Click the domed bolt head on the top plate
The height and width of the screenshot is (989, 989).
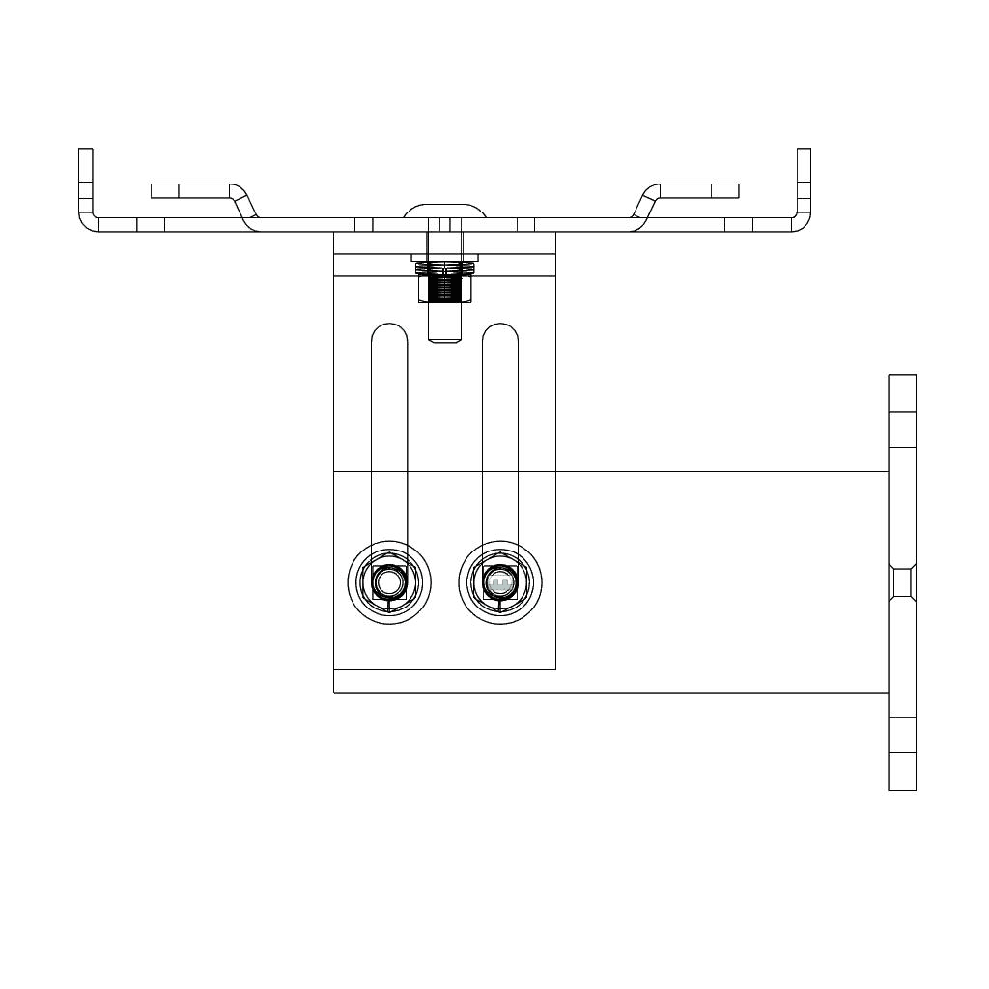click(443, 211)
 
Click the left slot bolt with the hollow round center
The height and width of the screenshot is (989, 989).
click(388, 582)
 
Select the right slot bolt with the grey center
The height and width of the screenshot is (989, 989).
click(499, 583)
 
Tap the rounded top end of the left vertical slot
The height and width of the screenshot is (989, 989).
click(389, 332)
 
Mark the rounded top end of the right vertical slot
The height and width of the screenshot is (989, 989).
click(499, 332)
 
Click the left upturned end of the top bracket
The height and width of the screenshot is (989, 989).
click(86, 179)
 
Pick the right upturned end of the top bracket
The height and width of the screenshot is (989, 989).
click(804, 179)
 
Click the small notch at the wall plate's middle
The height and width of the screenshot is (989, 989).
click(902, 582)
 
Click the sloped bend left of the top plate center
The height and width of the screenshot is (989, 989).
click(244, 207)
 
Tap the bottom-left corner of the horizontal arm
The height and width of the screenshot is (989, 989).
click(335, 692)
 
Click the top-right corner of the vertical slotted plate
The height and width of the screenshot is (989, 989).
click(554, 235)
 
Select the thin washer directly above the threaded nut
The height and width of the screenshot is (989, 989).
click(443, 258)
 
